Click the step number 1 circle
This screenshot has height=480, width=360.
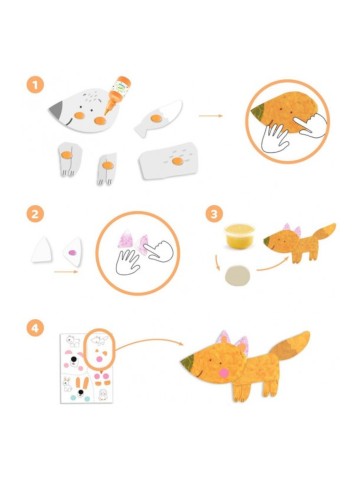35,85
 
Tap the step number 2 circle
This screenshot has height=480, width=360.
35,214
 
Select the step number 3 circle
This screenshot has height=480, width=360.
214,214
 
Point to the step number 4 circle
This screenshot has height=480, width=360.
35,328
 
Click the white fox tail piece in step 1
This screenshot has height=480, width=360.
158,117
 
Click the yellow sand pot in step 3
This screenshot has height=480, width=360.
240,236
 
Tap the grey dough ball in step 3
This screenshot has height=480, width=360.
238,275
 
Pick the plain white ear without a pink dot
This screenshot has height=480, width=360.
42,249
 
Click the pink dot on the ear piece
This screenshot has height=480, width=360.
72,253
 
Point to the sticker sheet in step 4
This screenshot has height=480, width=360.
86,368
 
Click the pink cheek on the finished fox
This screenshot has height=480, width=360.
221,372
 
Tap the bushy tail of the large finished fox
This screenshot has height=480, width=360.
289,348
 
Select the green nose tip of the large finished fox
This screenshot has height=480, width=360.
188,361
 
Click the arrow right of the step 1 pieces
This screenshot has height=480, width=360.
211,116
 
